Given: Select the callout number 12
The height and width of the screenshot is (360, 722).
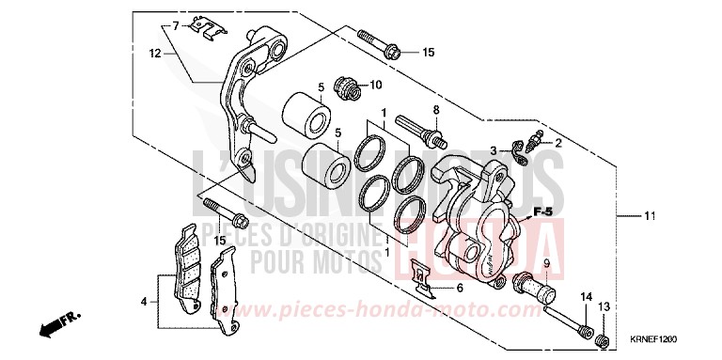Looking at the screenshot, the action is (157, 55).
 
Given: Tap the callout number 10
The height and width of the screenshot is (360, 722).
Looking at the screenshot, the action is (376, 86).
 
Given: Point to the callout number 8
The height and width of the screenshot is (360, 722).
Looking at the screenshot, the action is (435, 110).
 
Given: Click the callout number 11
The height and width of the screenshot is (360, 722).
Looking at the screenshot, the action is (649, 216).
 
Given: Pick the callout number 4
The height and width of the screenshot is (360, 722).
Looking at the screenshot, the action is (143, 301).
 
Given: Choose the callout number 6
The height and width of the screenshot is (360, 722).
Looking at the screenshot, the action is (460, 288).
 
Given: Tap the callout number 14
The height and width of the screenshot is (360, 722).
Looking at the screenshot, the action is (585, 298).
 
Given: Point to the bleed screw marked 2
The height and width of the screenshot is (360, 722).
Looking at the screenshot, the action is (534, 141).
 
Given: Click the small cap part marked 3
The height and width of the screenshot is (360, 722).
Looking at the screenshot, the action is (516, 149).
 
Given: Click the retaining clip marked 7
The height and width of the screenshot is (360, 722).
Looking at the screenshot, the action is (208, 25).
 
